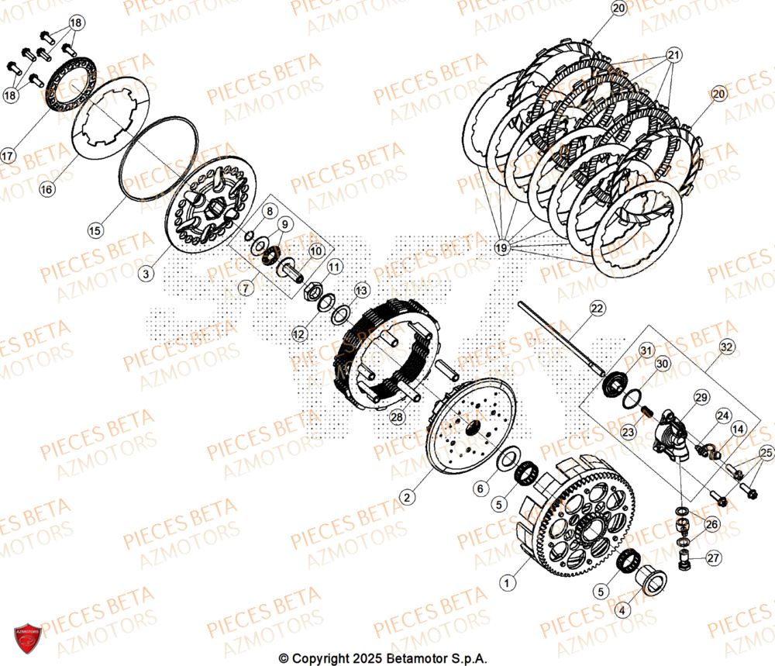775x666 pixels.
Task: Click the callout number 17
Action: [x=8, y=155]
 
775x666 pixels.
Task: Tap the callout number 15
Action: [x=95, y=230]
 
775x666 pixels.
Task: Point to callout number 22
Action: [x=597, y=309]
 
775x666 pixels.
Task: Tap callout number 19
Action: [x=501, y=247]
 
